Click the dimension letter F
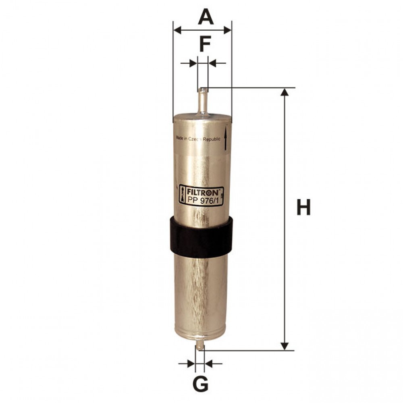pyautogui.click(x=205, y=44)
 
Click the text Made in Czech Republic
pyautogui.click(x=198, y=139)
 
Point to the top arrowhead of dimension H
pyautogui.click(x=285, y=92)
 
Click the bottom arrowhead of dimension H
pyautogui.click(x=285, y=346)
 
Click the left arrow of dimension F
pyautogui.click(x=193, y=63)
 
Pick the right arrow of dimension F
pyautogui.click(x=213, y=63)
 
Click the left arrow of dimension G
pyautogui.click(x=191, y=364)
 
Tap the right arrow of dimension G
pyautogui.click(x=209, y=364)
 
